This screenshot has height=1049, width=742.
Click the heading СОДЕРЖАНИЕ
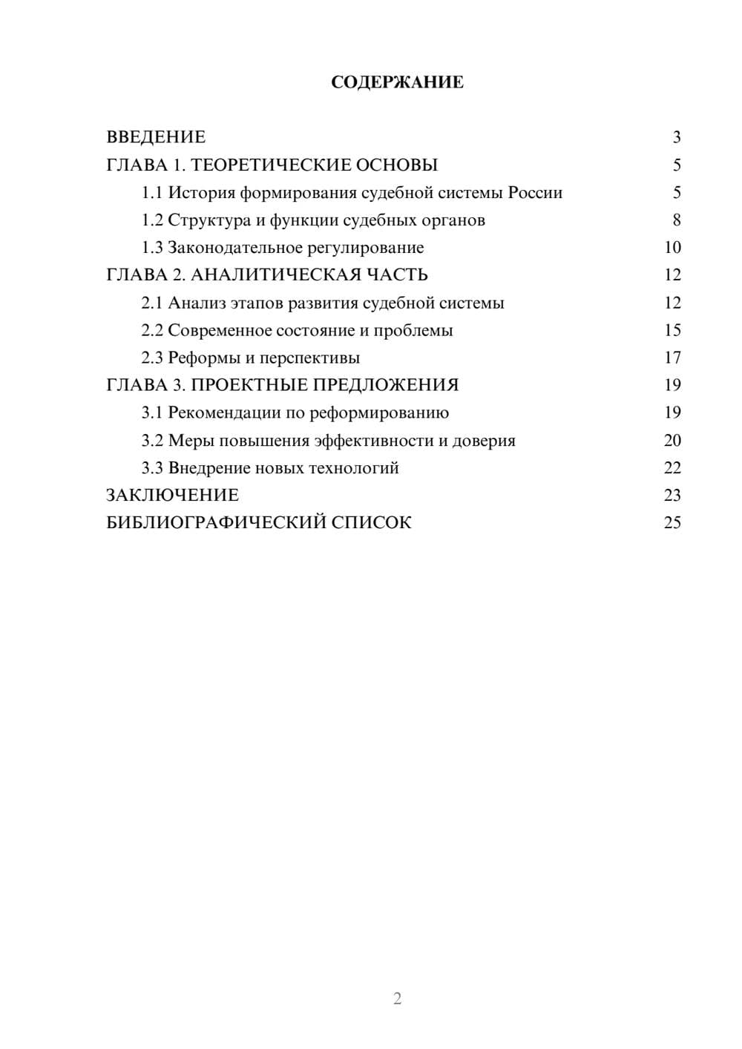[397, 82]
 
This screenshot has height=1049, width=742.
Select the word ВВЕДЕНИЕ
[156, 137]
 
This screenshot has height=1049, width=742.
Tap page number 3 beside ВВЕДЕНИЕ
[676, 137]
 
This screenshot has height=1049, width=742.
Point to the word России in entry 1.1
[535, 193]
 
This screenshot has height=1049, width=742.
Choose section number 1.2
[152, 220]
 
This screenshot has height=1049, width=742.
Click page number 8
[676, 220]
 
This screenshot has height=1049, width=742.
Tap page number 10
[672, 248]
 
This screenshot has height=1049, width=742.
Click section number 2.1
[152, 303]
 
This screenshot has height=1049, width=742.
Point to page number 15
[672, 330]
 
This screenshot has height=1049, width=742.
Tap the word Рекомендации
[224, 412]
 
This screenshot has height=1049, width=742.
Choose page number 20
[672, 441]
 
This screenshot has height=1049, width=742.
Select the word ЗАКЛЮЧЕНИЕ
[172, 496]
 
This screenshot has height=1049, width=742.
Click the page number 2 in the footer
[397, 999]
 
